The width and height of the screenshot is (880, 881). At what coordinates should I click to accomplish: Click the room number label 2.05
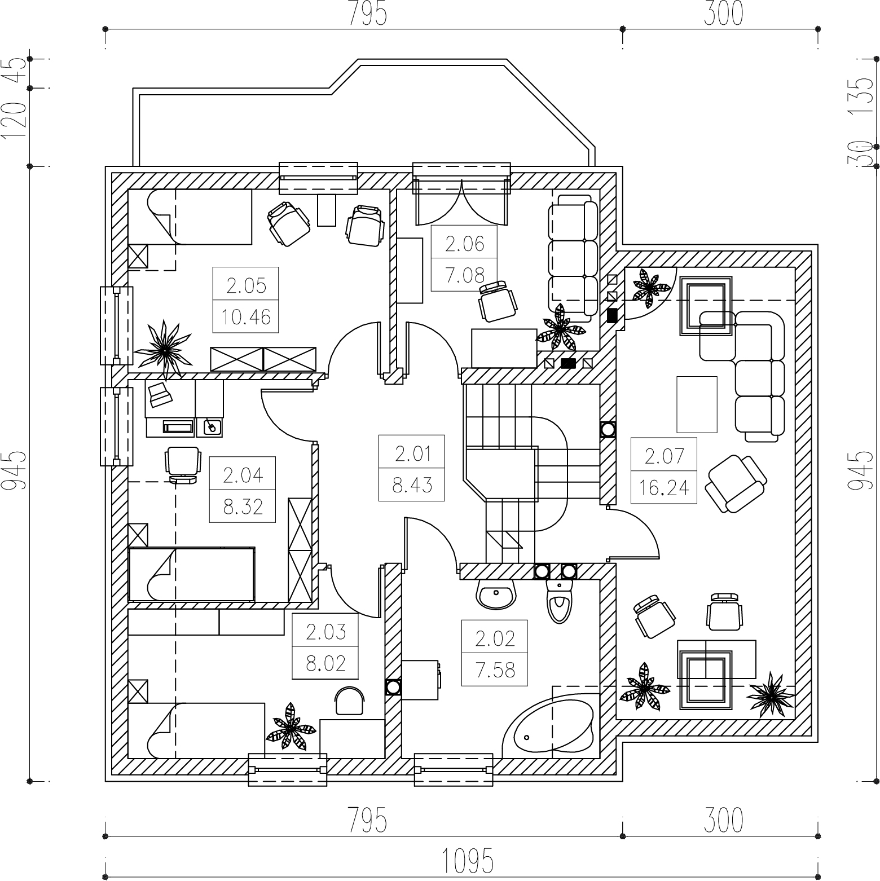246,286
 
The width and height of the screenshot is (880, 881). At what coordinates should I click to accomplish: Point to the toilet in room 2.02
560,601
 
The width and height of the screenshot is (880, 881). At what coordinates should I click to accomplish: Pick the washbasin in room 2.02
496,594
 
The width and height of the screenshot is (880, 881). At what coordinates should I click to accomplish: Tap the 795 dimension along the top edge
367,14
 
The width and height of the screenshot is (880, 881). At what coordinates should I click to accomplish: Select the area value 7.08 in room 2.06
464,275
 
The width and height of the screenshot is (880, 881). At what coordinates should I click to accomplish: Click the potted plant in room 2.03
291,726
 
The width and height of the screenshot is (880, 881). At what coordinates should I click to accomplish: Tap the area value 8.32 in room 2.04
243,507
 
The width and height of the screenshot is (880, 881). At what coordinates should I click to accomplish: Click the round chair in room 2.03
350,701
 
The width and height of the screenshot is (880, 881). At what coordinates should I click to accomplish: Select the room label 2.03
325,632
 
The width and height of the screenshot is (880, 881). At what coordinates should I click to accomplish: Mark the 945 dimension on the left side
16,470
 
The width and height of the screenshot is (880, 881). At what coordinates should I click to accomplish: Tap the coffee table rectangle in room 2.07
697,404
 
